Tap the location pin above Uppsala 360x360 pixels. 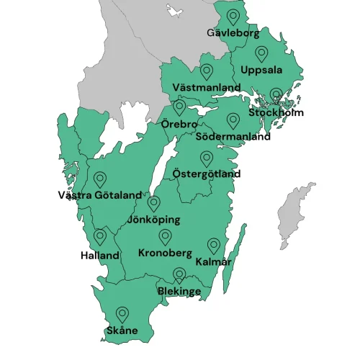261,53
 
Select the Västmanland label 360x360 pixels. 207,87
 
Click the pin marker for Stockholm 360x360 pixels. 276,95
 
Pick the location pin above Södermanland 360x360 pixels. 233,120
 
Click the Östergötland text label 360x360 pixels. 207,174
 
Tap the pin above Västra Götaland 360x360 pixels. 99,179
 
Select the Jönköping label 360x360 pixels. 153,220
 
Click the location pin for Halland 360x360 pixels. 99,236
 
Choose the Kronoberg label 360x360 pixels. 165,253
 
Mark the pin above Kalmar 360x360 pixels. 213,246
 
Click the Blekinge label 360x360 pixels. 179,292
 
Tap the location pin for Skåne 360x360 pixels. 122,314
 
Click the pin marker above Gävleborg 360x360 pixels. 233,17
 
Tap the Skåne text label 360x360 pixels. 122,331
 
